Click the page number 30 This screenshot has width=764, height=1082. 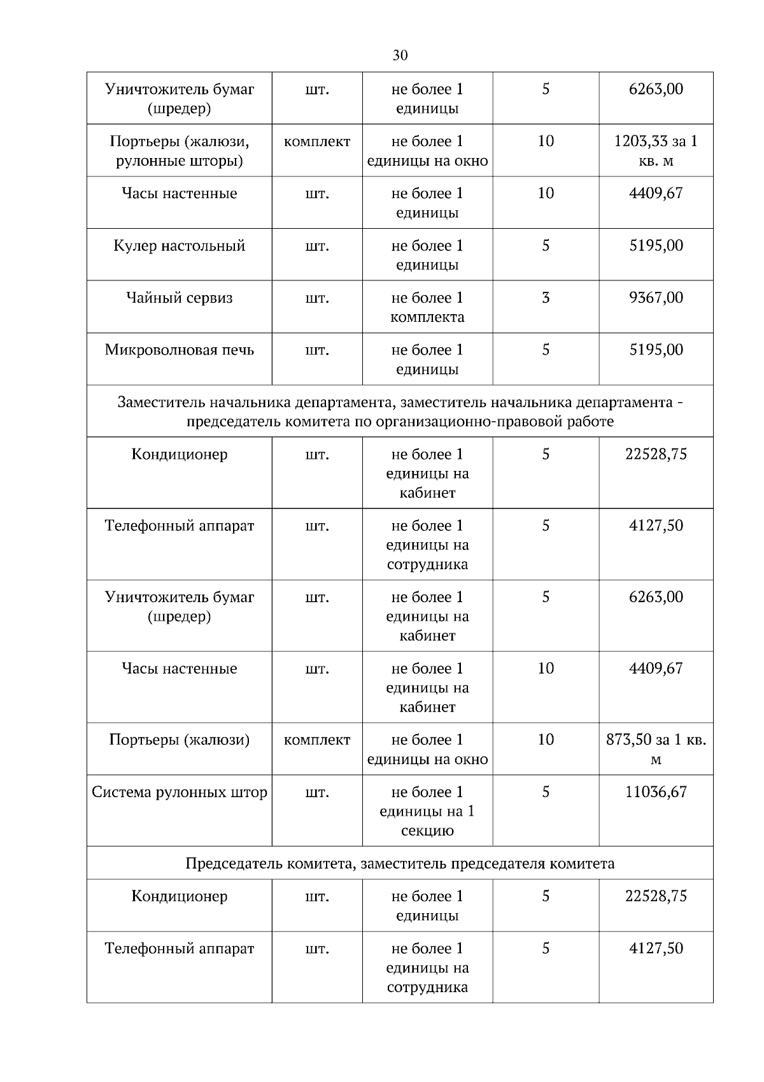tap(400, 55)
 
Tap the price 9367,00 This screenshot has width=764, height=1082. tap(656, 298)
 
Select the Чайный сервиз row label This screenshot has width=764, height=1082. tap(179, 298)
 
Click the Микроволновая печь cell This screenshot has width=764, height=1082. tap(179, 350)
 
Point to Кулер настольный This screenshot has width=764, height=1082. tap(179, 245)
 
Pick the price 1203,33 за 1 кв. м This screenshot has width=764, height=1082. tap(656, 150)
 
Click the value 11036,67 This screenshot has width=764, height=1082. tap(656, 792)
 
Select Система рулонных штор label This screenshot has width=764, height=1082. tap(179, 792)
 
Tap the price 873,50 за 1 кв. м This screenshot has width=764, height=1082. tap(656, 749)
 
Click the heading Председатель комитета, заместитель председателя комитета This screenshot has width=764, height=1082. tap(400, 863)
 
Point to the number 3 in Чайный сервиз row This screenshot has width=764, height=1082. tap(546, 298)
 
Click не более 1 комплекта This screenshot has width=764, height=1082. tap(427, 307)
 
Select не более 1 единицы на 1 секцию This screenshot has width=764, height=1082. tap(427, 811)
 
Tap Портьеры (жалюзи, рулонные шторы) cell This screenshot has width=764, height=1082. tap(179, 150)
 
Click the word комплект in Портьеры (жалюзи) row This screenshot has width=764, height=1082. tap(317, 740)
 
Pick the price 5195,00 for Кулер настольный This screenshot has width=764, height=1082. tap(656, 245)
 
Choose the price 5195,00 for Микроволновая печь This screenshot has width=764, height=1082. tap(656, 350)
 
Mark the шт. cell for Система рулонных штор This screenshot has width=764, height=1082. tap(317, 792)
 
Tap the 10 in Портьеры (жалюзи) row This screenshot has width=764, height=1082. tap(546, 740)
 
